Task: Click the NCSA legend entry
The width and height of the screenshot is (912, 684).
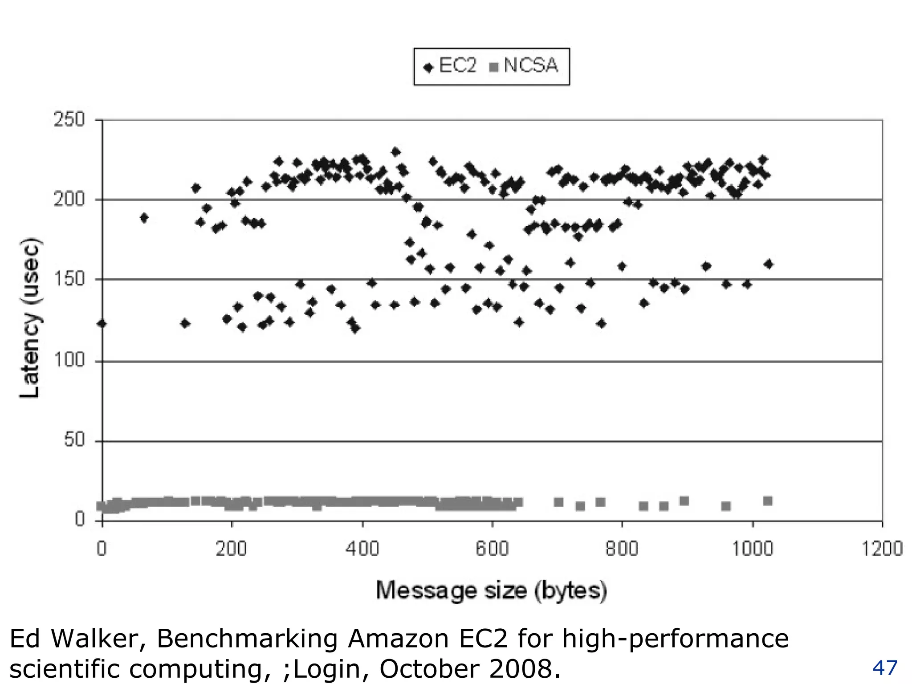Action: click(524, 66)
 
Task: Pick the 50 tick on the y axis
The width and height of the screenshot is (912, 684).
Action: click(74, 440)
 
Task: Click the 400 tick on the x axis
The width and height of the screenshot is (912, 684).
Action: click(362, 549)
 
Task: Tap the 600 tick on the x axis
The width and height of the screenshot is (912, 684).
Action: click(492, 549)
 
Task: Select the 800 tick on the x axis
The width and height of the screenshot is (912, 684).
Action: click(622, 549)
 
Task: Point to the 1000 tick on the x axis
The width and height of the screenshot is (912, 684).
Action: click(752, 549)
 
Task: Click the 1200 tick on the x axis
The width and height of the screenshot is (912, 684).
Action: click(882, 549)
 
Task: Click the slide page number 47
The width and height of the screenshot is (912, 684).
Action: click(884, 668)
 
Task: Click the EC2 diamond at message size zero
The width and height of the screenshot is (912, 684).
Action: click(102, 323)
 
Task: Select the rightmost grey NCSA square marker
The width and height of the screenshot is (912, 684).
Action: click(768, 501)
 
